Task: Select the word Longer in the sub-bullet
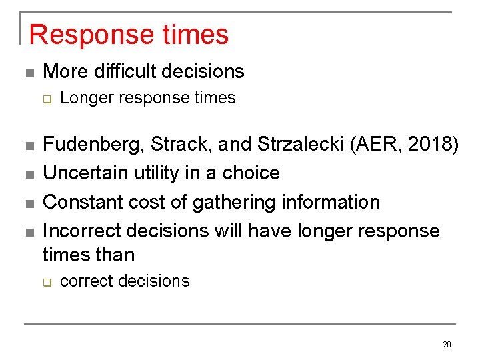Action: tap(83, 98)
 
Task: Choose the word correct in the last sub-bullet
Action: tap(84, 281)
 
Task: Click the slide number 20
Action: tap(447, 345)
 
